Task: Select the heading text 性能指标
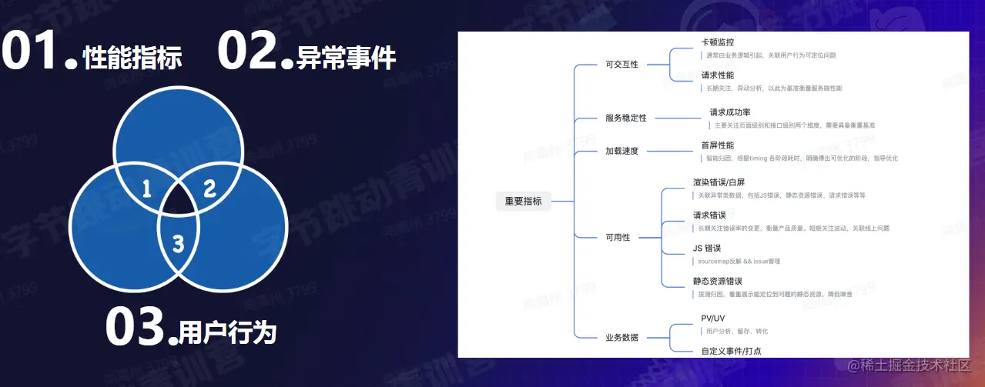click(x=132, y=58)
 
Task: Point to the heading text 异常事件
click(x=347, y=58)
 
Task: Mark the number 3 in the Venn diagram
click(x=178, y=244)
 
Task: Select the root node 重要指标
click(x=523, y=202)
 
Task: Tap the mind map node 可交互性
click(x=621, y=65)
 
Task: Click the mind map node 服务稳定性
click(x=625, y=118)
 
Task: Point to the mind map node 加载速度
click(x=621, y=151)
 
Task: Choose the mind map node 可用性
click(x=618, y=238)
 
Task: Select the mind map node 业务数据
click(x=621, y=337)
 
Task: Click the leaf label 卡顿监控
click(x=712, y=42)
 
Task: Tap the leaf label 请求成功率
click(x=730, y=112)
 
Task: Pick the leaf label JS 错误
click(x=706, y=249)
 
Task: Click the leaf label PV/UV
click(x=712, y=318)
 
